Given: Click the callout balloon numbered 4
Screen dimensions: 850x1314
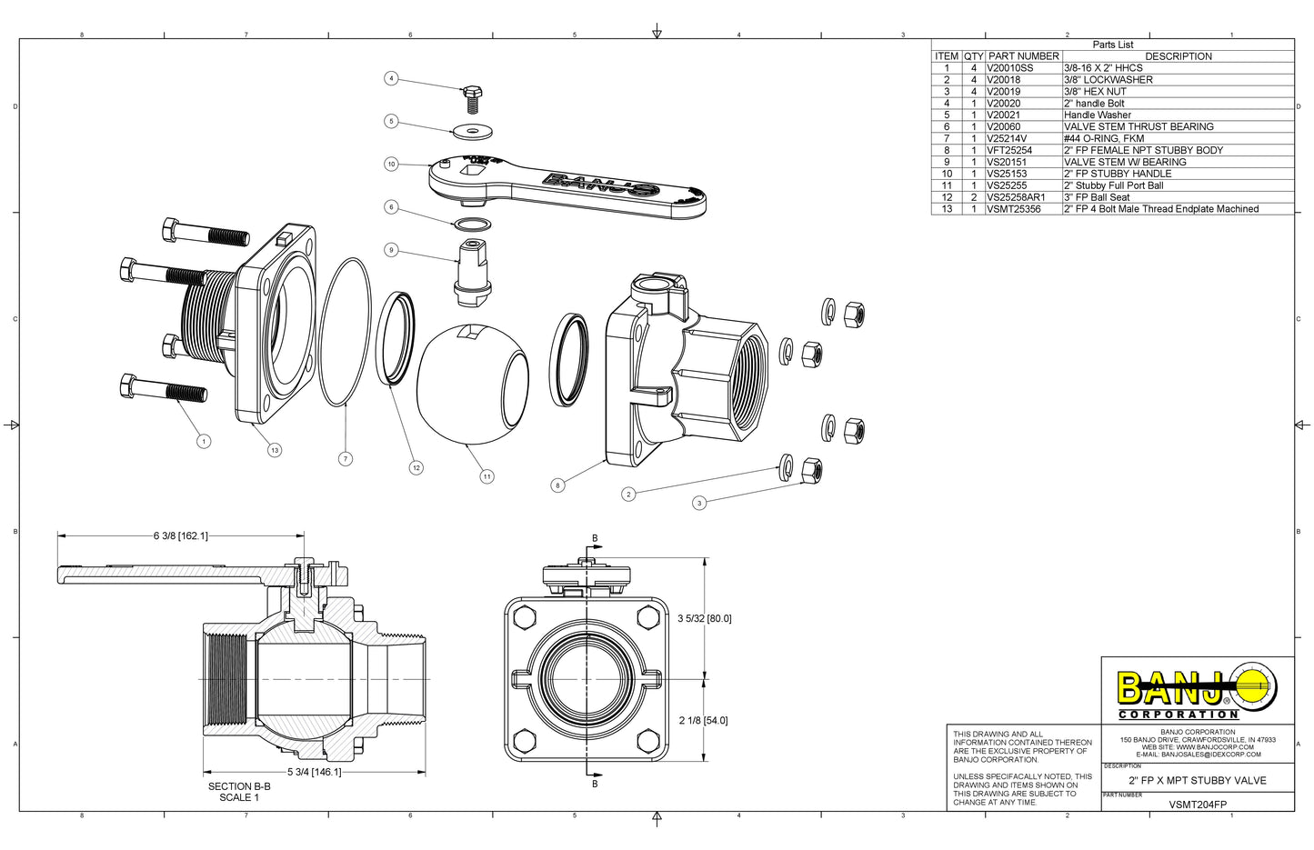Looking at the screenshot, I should tap(391, 78).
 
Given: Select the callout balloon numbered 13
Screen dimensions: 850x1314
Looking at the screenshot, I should tap(275, 450).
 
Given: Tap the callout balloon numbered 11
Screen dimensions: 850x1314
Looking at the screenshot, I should tap(486, 476).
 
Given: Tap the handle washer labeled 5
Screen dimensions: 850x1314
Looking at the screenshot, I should tap(473, 128).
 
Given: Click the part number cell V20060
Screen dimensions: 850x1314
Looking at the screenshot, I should tap(1003, 126).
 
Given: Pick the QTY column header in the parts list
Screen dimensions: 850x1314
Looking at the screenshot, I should tap(974, 56).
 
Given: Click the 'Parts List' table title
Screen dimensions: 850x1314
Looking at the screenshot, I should tap(1112, 45).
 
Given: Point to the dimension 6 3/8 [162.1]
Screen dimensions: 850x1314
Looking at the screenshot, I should tap(180, 535).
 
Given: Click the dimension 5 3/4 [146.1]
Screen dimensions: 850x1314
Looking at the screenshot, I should tap(314, 772).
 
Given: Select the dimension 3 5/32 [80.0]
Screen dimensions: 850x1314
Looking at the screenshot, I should tap(704, 618).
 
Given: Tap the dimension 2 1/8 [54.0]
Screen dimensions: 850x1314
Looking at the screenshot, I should tap(703, 720).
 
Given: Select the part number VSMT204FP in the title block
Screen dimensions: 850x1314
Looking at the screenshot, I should tap(1197, 805).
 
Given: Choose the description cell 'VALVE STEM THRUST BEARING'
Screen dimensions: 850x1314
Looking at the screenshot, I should tap(1138, 126).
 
